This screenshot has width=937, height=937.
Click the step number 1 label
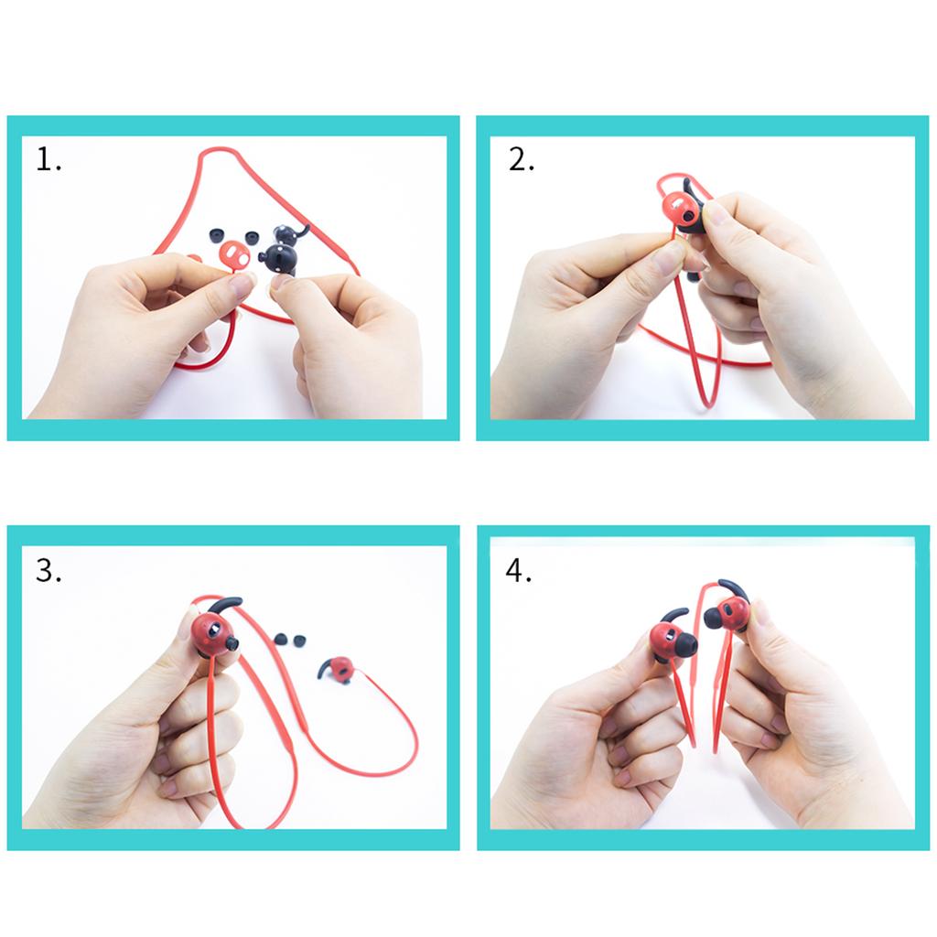pos(48,159)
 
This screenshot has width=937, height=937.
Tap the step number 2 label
pos(521,159)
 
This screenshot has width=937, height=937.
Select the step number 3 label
pos(48,571)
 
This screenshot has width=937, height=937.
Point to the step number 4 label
pos(518,571)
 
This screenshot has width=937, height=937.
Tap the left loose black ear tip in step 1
pos(216,234)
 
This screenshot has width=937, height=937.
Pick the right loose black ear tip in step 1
pos(250,237)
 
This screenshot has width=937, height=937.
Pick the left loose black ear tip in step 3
pos(279,638)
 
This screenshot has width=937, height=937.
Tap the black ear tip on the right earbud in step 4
pos(714,618)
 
